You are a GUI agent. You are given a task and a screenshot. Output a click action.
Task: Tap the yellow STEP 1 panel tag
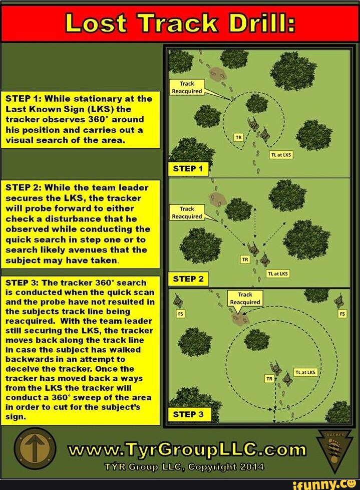click(188, 169)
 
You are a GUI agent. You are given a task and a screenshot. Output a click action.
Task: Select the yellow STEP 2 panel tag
click(188, 279)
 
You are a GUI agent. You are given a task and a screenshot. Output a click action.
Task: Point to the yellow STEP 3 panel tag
click(190, 414)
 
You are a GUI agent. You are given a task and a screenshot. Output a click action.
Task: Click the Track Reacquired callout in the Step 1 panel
click(187, 87)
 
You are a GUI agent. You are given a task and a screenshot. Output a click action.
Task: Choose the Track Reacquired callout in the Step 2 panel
click(187, 212)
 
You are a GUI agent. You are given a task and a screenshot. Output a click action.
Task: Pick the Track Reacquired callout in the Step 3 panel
click(245, 298)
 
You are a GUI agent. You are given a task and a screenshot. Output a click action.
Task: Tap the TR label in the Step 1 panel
click(238, 137)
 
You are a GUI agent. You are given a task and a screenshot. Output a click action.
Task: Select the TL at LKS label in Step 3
click(305, 372)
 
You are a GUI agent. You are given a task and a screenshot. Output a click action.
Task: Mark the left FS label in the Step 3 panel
click(180, 314)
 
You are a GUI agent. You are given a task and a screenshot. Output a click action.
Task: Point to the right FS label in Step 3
click(342, 314)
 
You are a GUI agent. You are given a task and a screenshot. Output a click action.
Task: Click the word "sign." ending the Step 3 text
click(16, 417)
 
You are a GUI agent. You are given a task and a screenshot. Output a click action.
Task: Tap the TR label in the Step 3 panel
click(269, 379)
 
